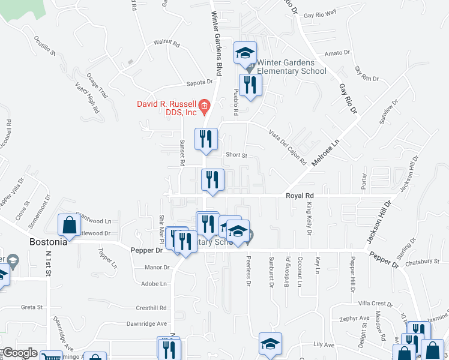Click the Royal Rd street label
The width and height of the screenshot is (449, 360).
300,196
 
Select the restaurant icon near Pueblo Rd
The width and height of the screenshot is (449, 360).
250,85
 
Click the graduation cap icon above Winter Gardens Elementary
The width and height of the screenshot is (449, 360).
245,53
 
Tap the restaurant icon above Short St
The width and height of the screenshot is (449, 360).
206,139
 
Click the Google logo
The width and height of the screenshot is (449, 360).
20,353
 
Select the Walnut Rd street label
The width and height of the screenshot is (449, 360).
166,44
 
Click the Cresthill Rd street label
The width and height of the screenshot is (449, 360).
151,307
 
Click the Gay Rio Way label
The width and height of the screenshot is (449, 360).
319,14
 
